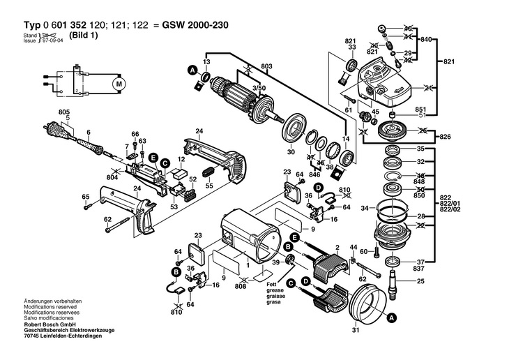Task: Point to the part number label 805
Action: coord(64,112)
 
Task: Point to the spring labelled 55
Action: coord(208,172)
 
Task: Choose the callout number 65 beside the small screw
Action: coord(86,197)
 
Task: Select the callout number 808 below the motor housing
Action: coord(242,286)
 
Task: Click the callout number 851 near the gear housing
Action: coord(420,109)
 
